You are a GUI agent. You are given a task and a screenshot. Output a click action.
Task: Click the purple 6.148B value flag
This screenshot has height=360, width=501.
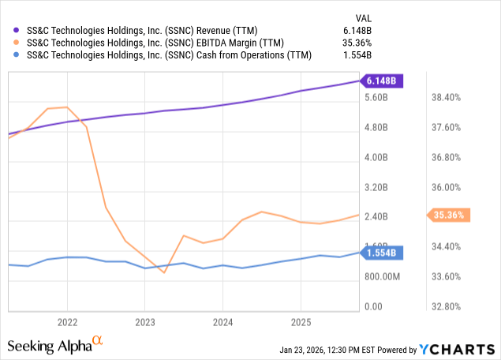click(382, 81)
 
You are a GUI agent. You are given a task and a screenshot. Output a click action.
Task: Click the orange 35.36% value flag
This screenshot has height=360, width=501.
click(449, 215)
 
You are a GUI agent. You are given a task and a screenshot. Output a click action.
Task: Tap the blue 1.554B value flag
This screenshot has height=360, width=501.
click(382, 253)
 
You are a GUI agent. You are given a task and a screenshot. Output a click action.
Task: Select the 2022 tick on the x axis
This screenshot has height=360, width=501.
click(67, 322)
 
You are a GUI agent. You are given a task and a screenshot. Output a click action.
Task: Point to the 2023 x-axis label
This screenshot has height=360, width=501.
click(144, 322)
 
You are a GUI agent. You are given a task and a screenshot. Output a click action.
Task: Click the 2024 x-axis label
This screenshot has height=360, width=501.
click(222, 322)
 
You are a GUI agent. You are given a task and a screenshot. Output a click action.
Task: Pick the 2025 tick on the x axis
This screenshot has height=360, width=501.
click(300, 322)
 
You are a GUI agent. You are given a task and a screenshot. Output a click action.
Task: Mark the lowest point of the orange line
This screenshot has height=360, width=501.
click(163, 272)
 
